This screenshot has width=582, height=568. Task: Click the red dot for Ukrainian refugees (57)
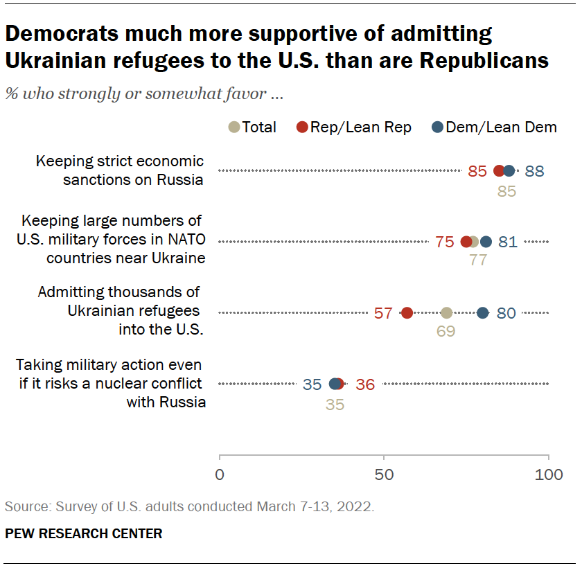click(407, 313)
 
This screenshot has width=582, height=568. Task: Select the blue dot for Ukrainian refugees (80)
click(483, 313)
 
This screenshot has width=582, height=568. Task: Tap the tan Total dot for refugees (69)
click(447, 313)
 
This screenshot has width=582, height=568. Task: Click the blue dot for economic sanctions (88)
click(509, 171)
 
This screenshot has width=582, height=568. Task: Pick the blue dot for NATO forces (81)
click(486, 242)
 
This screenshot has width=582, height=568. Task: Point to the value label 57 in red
click(383, 313)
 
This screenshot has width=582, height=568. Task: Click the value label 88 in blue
click(534, 171)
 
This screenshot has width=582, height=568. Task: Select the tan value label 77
click(478, 261)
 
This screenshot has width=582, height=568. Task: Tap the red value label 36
click(365, 384)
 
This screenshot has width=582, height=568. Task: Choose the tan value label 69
click(446, 332)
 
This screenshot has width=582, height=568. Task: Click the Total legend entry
click(253, 127)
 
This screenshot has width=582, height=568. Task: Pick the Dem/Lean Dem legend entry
click(494, 127)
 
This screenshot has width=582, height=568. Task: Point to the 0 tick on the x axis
click(220, 474)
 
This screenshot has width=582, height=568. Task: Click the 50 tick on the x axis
click(384, 474)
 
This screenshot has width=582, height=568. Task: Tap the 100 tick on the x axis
click(549, 474)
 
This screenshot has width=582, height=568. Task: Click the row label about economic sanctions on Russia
click(120, 171)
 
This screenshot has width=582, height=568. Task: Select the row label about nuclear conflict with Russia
click(111, 384)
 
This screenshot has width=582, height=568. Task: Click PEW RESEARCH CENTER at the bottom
click(83, 533)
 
